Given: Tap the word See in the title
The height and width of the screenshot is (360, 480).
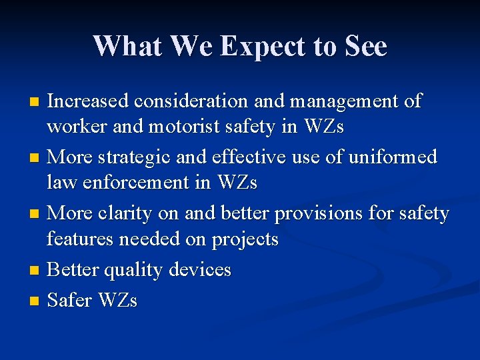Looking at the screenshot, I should (365, 47).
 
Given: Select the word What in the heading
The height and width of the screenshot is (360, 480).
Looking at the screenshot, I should (128, 47).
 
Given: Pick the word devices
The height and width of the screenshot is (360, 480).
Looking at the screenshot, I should (200, 270).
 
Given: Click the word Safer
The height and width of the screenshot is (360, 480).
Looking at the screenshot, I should (71, 301).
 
